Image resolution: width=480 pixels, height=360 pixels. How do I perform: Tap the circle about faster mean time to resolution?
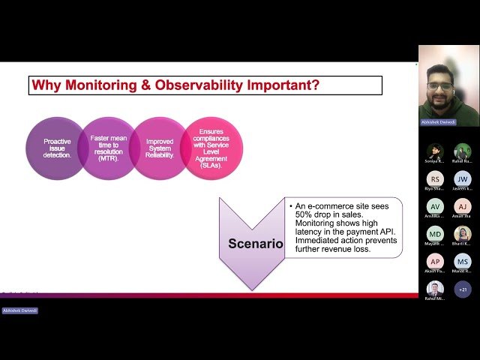tap(109, 148)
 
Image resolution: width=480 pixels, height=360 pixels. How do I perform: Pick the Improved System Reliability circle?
tap(160, 148)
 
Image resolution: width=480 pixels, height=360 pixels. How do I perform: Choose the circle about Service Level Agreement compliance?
tap(211, 147)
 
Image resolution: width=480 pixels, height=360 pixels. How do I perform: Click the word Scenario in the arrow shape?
tap(256, 244)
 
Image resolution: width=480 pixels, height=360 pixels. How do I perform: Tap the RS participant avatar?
tap(435, 178)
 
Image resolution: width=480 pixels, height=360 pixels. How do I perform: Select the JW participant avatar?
tap(463, 178)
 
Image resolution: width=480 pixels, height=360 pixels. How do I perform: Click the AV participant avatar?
tap(435, 206)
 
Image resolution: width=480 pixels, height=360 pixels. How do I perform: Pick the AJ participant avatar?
tap(463, 206)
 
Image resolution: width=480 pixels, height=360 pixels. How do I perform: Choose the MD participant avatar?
tap(435, 234)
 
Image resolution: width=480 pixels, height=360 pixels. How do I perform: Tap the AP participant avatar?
tap(435, 261)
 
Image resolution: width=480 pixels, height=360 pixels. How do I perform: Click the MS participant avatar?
tap(463, 261)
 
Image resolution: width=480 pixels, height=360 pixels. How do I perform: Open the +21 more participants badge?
tap(463, 289)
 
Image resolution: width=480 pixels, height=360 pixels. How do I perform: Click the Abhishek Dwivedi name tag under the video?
tap(438, 121)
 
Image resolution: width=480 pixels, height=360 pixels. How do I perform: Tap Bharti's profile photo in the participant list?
tap(463, 234)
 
